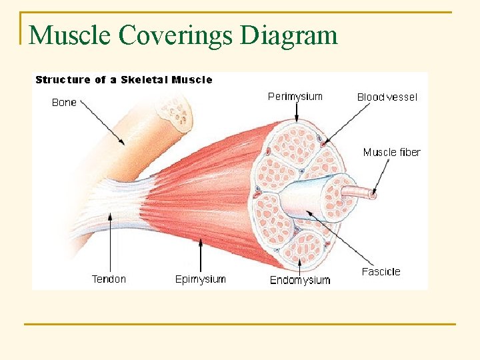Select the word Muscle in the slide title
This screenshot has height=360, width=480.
[x=71, y=35]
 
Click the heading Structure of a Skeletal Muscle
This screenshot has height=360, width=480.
[x=123, y=80]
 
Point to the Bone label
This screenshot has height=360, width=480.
[x=64, y=103]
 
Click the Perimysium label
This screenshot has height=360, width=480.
[x=295, y=97]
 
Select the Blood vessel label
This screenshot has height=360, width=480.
[x=387, y=97]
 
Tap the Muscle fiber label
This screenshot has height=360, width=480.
[x=391, y=153]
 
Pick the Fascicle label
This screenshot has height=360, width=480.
[x=381, y=272]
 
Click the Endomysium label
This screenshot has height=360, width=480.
[x=299, y=280]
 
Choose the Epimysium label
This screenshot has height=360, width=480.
[x=200, y=279]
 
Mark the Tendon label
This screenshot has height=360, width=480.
[x=109, y=279]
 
